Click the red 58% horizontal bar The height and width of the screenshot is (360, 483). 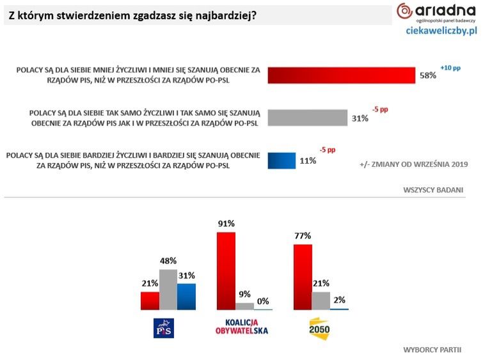[x=342, y=75]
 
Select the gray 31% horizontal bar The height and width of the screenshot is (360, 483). [x=307, y=117]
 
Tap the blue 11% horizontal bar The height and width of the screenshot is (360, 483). [x=281, y=160]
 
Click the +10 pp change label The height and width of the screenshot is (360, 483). [x=450, y=67]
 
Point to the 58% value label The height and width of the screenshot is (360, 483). [x=427, y=75]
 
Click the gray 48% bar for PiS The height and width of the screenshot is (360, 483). [x=168, y=289]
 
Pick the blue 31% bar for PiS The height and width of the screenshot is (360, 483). [x=186, y=296]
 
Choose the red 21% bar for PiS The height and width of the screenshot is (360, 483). [x=150, y=300]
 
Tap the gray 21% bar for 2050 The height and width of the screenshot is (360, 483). [x=321, y=300]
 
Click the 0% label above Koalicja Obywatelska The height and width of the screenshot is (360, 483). [x=263, y=301]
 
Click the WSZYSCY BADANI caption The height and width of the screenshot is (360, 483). [x=432, y=190]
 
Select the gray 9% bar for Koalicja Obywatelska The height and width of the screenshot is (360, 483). [x=244, y=306]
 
